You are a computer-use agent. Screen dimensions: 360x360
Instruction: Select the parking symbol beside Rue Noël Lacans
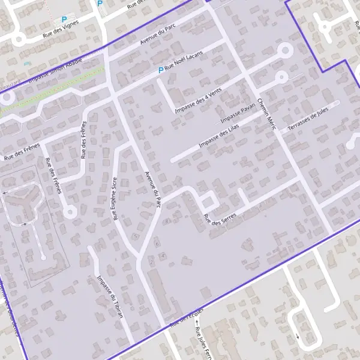pyautogui.click(x=160, y=71)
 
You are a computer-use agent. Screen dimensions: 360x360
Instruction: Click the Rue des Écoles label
pyautogui.click(x=187, y=318)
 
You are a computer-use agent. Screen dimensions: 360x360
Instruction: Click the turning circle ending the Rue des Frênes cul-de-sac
pyautogui.click(x=70, y=211)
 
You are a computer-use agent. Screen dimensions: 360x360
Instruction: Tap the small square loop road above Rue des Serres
pyautogui.click(x=208, y=201)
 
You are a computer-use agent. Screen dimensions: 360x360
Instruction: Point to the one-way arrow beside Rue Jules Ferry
pyautogui.click(x=196, y=329)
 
